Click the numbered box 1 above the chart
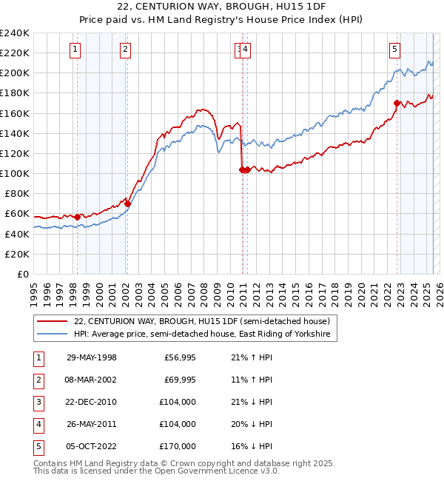point(76,50)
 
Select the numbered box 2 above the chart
point(126,50)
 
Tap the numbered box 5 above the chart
point(394,50)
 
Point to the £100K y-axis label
point(15,173)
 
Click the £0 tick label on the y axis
point(24,274)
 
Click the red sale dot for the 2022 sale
point(397,103)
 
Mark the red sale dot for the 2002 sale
point(127,203)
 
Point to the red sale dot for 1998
point(78,217)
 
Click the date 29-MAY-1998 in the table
point(92,358)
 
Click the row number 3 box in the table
point(38,403)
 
